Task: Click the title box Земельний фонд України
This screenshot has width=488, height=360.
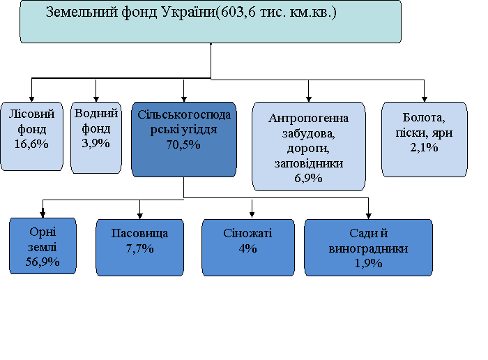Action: [211, 22]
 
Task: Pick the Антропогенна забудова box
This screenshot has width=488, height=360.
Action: [308, 147]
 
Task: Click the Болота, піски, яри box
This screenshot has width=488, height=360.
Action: [424, 140]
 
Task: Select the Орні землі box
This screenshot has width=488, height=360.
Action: [43, 246]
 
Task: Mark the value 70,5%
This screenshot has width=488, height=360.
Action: [183, 144]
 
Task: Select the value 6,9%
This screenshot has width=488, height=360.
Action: [308, 178]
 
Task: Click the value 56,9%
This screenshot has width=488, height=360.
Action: [43, 262]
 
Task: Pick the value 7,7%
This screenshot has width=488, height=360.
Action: [140, 249]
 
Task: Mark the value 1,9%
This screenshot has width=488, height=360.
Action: [368, 263]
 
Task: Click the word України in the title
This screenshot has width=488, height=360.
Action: [185, 13]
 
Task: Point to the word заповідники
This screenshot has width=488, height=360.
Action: [309, 164]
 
